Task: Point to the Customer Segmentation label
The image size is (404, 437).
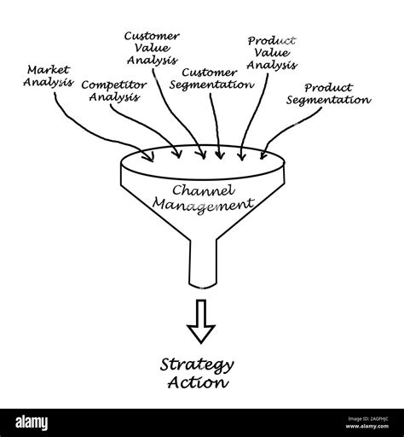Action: pos(211,79)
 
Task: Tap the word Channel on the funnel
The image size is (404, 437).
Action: pos(201,189)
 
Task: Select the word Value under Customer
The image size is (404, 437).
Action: pos(151,48)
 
